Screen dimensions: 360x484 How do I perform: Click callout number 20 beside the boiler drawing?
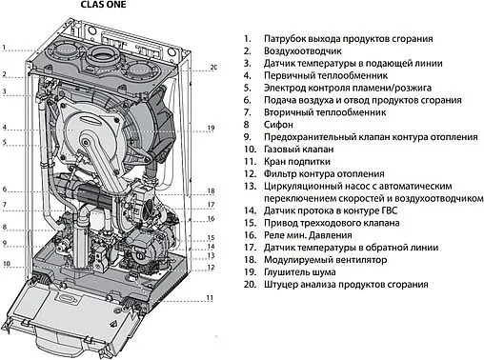pos(213,67)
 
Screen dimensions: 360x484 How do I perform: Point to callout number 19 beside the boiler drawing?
pos(211,127)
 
